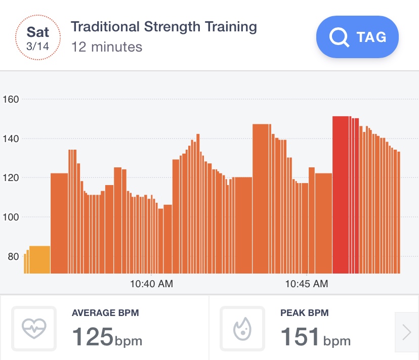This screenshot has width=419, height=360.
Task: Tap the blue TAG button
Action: (x=357, y=37)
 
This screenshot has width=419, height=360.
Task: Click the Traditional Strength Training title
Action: (x=163, y=27)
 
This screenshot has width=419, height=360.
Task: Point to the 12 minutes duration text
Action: (x=107, y=47)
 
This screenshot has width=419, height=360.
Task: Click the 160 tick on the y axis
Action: (x=11, y=99)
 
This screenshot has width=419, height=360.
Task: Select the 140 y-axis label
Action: (x=11, y=139)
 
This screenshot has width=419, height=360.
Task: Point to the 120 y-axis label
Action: (x=11, y=178)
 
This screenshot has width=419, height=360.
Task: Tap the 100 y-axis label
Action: (x=11, y=217)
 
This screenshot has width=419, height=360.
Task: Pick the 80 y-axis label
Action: (x=13, y=256)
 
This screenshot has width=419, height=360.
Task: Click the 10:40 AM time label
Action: (x=151, y=284)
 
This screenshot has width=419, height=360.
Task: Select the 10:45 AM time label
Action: (x=306, y=284)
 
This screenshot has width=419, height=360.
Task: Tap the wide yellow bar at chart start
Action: (x=39, y=259)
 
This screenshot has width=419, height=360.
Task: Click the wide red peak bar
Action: (x=341, y=195)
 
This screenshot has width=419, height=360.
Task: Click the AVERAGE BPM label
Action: (x=105, y=313)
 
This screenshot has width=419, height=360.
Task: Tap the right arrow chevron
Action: (x=406, y=332)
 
